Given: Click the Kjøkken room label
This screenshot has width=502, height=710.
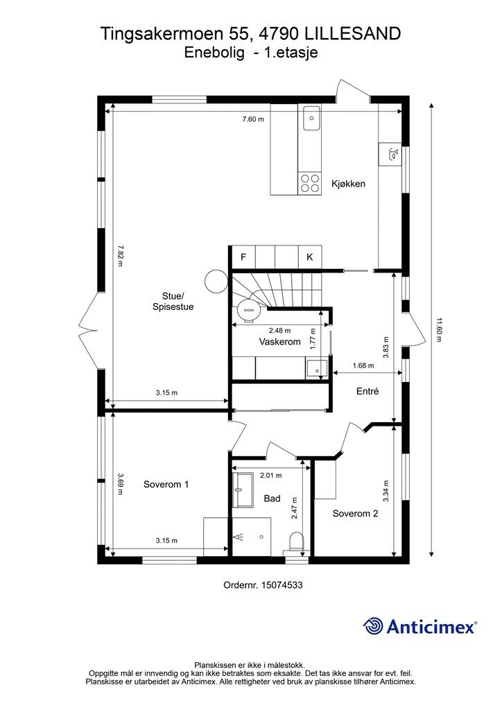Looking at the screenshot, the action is coord(348,184).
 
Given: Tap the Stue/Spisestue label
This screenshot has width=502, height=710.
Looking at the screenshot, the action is coord(173,302).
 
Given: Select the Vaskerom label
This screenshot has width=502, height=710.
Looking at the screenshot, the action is coord(279,342).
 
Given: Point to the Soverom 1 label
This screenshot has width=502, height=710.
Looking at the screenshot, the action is coord(166,485).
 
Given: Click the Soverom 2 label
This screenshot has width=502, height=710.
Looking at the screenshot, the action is coord(355,514).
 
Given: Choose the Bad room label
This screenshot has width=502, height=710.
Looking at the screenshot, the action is coord(272,499).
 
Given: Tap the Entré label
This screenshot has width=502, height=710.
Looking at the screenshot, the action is coord(367,391).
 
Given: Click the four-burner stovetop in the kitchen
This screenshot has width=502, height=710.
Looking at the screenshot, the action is coord(310,183).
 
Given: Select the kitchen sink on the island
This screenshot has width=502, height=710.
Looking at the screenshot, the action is coord(311,118).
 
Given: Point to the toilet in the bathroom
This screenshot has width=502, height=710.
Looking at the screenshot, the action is coord(297,542).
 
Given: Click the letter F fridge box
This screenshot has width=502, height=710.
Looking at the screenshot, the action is coord(243,257).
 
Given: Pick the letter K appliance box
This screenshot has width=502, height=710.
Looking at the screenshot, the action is coord(310,257).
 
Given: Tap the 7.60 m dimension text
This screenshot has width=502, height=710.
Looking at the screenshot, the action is coord(253,119).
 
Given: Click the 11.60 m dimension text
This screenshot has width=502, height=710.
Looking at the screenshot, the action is coord(438,329).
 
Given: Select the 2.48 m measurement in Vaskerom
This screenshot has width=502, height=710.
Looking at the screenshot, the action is coord(279,331).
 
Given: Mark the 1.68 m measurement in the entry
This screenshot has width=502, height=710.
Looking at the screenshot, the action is coord(363,366).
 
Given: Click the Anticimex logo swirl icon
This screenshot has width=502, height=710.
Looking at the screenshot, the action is coord(372,626).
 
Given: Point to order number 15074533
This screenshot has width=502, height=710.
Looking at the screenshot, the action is coord(263,585).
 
